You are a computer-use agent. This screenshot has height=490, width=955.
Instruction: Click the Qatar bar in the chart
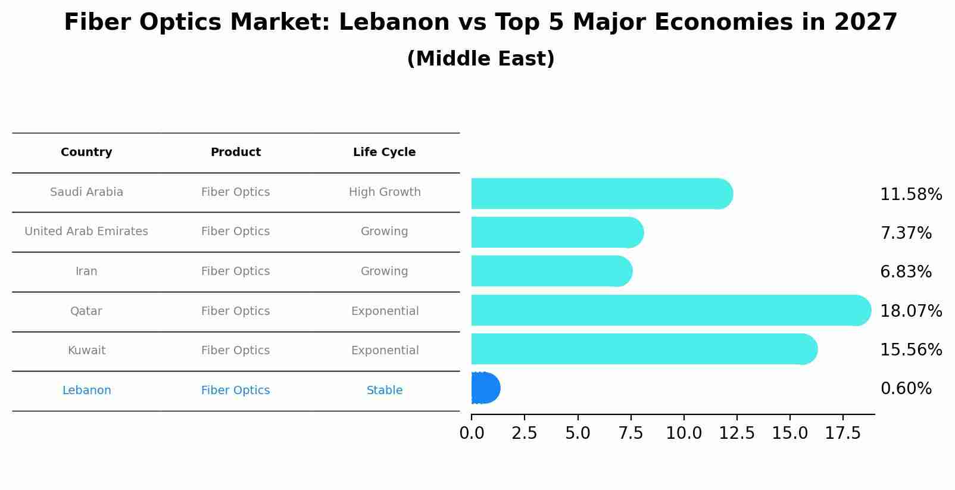click(667, 310)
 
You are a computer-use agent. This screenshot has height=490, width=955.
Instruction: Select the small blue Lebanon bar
click(485, 388)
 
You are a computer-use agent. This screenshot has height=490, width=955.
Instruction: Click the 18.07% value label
click(910, 311)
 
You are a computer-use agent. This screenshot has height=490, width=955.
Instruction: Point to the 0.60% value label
click(906, 389)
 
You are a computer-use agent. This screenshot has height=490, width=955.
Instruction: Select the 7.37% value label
click(906, 233)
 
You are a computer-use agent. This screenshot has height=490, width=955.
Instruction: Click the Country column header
click(86, 152)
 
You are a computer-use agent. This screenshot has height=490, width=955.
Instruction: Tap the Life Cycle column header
click(384, 152)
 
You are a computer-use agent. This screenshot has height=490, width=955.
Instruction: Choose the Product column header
click(235, 152)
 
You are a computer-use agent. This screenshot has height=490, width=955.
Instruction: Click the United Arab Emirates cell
click(86, 232)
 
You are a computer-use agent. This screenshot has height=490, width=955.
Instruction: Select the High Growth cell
click(384, 192)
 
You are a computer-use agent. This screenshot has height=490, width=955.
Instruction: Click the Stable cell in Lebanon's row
click(384, 391)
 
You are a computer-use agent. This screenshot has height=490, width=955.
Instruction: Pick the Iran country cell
click(86, 271)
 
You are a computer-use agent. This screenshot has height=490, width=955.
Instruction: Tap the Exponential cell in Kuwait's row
click(384, 351)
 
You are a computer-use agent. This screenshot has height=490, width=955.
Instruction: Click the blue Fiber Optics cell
click(235, 391)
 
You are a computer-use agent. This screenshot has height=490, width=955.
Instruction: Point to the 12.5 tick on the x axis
click(736, 433)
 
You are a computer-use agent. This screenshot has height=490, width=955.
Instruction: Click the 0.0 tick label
click(472, 433)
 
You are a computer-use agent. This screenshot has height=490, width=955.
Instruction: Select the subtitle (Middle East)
click(480, 59)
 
